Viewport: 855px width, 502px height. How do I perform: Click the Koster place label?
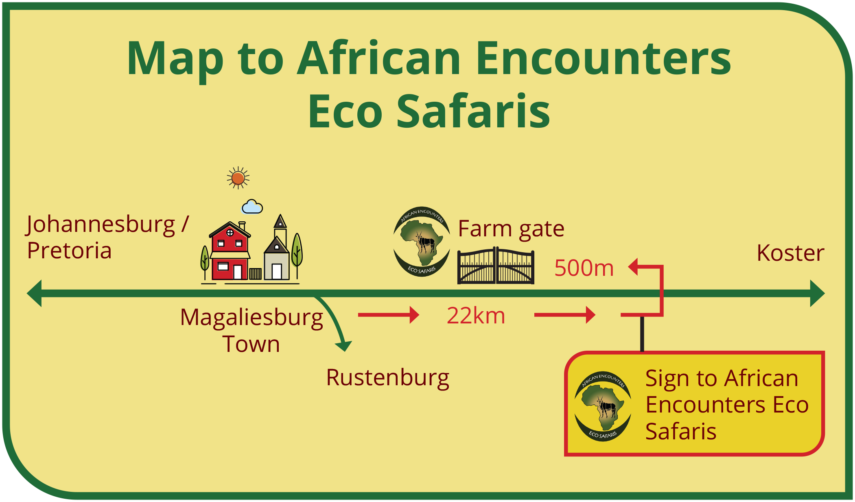(x=790, y=253)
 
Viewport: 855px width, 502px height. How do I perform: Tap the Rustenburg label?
(x=387, y=378)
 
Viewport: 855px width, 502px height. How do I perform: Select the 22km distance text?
(x=476, y=316)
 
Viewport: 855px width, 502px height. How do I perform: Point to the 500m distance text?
(x=584, y=268)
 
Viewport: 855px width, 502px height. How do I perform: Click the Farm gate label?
(x=511, y=229)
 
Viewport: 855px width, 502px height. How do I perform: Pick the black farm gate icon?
(x=496, y=265)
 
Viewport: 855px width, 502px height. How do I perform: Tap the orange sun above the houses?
(x=238, y=178)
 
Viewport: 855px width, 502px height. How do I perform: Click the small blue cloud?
(x=252, y=207)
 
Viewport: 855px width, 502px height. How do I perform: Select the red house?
(x=230, y=251)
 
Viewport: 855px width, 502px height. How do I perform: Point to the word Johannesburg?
(x=101, y=225)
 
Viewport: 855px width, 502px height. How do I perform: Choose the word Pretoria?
(x=69, y=251)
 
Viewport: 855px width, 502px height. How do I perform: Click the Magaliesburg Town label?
(x=251, y=330)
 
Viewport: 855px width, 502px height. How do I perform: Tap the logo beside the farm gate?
(x=422, y=242)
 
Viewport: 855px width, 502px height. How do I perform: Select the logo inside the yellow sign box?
(x=603, y=406)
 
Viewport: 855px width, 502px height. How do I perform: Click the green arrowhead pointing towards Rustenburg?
(x=344, y=346)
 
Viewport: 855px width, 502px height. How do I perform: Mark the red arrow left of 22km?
(x=389, y=315)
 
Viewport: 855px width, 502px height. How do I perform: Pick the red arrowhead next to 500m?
(x=633, y=267)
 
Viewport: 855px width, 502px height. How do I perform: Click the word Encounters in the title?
(x=604, y=59)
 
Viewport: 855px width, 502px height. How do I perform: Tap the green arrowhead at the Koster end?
(x=818, y=293)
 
